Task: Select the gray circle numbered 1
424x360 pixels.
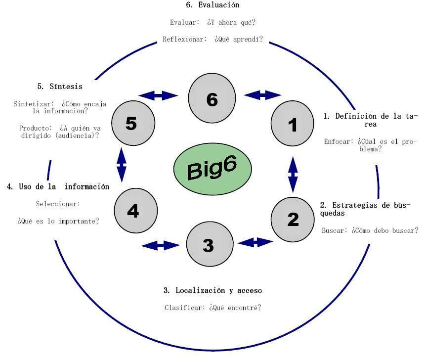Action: [x=293, y=124]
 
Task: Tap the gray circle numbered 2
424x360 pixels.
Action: [x=293, y=219]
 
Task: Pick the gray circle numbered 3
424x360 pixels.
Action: [x=208, y=244]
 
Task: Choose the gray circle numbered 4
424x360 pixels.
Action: [x=133, y=211]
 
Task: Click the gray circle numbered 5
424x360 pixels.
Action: [x=131, y=123]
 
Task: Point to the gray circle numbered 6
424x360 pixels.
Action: [x=212, y=99]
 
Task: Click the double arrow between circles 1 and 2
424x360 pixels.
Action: [x=293, y=174]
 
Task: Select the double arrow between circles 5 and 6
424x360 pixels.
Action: [x=158, y=95]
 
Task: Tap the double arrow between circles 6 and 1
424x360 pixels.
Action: [x=262, y=95]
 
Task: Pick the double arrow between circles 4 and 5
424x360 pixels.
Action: [x=121, y=166]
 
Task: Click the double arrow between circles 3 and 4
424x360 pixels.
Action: [x=160, y=245]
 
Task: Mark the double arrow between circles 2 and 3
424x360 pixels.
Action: [x=255, y=242]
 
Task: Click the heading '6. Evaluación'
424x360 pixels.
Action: [x=212, y=5]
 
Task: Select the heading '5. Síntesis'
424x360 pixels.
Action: [x=59, y=86]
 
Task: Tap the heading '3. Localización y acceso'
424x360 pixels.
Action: [x=212, y=290]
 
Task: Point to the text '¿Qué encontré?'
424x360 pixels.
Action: [x=235, y=308]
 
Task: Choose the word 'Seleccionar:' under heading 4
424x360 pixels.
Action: [x=58, y=204]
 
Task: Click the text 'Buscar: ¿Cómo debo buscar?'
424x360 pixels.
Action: [x=370, y=230]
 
